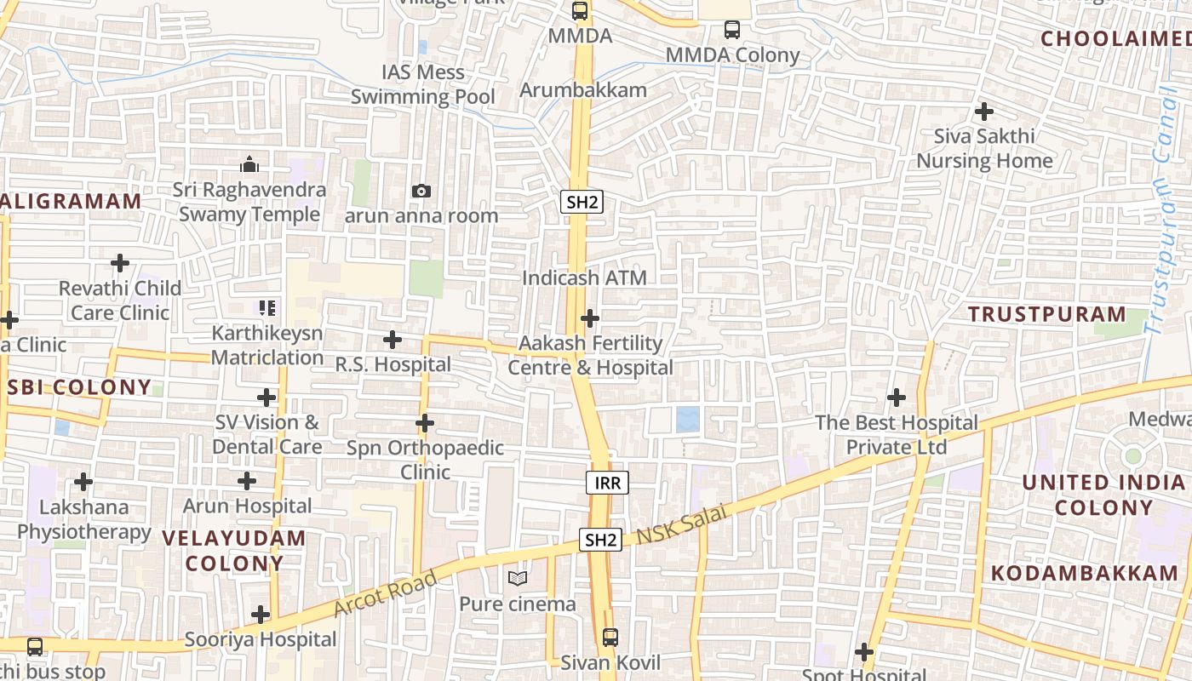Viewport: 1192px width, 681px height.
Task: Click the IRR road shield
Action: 607,484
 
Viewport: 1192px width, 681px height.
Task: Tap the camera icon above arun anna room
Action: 421,191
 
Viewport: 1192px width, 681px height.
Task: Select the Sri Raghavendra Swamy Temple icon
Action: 249,163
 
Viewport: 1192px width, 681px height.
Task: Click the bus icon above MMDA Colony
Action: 731,30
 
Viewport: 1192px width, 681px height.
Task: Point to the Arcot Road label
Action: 386,592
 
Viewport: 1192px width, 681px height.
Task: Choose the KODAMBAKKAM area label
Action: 1085,573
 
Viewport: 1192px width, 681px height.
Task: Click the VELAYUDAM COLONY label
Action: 233,550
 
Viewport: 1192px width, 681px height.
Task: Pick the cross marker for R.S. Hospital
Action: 392,340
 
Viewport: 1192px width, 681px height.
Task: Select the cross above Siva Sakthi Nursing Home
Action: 984,111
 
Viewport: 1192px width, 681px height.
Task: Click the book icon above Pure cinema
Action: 517,579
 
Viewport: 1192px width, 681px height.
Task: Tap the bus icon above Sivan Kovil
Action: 610,637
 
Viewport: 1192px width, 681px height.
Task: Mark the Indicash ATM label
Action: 584,278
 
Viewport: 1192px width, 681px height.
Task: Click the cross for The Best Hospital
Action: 896,397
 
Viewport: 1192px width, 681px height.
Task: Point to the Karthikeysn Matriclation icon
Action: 267,307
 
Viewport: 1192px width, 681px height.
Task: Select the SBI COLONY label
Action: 79,387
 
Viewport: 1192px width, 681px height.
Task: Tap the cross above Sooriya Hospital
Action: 261,615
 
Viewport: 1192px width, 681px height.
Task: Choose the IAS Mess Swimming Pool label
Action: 423,84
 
